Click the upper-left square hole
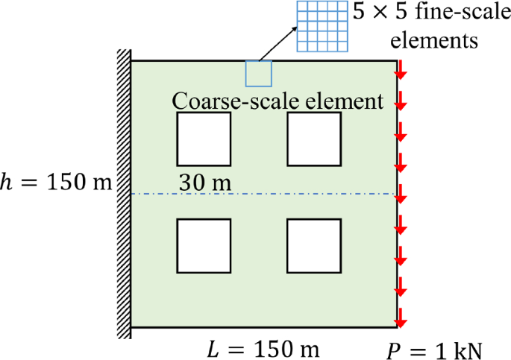click(x=203, y=139)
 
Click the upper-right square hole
click(x=314, y=139)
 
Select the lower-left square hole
click(x=203, y=246)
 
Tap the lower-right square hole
click(x=314, y=246)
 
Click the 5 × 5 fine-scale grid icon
click(x=322, y=25)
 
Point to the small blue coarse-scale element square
click(x=259, y=73)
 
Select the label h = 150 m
click(x=56, y=183)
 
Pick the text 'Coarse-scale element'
click(x=278, y=100)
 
